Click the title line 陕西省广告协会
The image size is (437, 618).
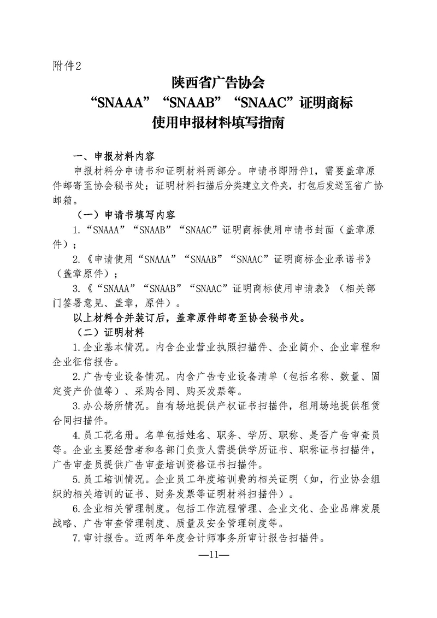click(x=218, y=84)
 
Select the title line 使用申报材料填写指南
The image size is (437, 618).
click(x=218, y=122)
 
